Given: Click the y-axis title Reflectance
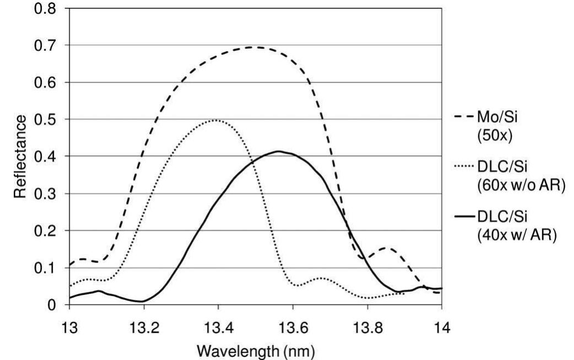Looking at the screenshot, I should [20, 157].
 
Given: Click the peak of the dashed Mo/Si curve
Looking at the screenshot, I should [255, 47].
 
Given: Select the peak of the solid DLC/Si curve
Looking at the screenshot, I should [279, 151].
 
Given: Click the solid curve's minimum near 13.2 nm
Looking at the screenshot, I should [143, 301].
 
